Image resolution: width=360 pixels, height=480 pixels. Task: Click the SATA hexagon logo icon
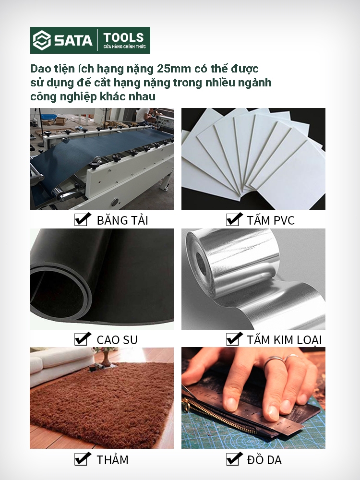(42, 40)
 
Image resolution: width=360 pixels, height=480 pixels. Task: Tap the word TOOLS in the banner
(124, 37)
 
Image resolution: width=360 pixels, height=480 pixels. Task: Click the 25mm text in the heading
(174, 69)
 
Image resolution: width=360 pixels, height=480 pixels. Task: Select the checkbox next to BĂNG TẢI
(83, 219)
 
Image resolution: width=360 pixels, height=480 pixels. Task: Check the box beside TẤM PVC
(234, 219)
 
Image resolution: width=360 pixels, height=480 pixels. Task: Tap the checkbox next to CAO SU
(83, 339)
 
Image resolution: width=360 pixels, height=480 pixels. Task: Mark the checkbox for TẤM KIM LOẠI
(234, 339)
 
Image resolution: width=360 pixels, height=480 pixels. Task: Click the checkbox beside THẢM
(83, 459)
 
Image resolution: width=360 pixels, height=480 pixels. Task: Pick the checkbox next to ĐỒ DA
(234, 459)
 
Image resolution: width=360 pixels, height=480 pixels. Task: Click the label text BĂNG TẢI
(122, 220)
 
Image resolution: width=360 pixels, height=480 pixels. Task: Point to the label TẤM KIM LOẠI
(284, 340)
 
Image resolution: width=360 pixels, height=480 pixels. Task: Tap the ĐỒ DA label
(264, 460)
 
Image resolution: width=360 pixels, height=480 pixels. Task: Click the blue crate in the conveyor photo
(49, 117)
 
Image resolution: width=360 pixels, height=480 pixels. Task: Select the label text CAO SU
(117, 340)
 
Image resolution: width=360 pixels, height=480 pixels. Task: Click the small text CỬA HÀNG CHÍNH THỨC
(124, 47)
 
